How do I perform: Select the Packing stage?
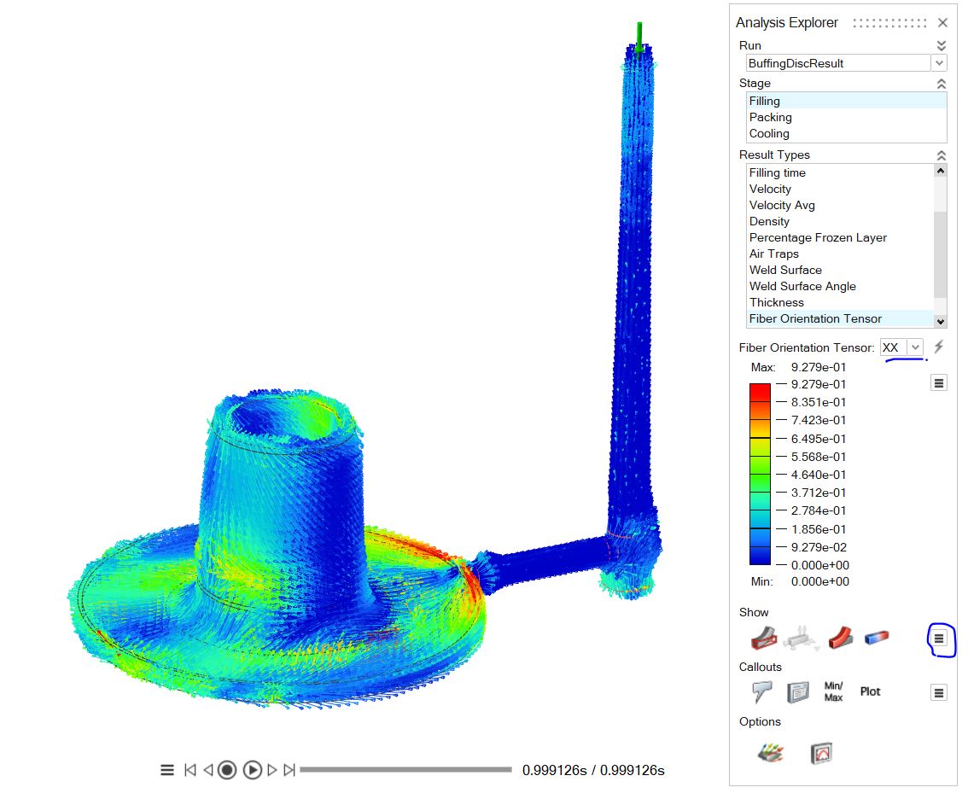click(x=770, y=117)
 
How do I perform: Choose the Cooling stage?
click(x=769, y=133)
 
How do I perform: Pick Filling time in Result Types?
click(x=777, y=172)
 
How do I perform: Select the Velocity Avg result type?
click(x=782, y=205)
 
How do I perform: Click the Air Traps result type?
click(x=773, y=254)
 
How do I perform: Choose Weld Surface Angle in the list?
click(x=802, y=286)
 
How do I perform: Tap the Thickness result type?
click(x=776, y=302)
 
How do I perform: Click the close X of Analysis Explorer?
click(x=942, y=23)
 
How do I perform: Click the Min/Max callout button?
click(x=833, y=691)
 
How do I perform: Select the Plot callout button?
click(x=870, y=691)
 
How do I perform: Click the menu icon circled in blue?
click(x=939, y=638)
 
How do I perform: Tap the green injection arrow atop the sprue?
click(x=639, y=37)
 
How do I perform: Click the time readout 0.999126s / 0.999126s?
click(x=593, y=770)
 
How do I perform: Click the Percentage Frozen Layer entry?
click(x=817, y=237)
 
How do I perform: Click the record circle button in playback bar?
click(x=226, y=770)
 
